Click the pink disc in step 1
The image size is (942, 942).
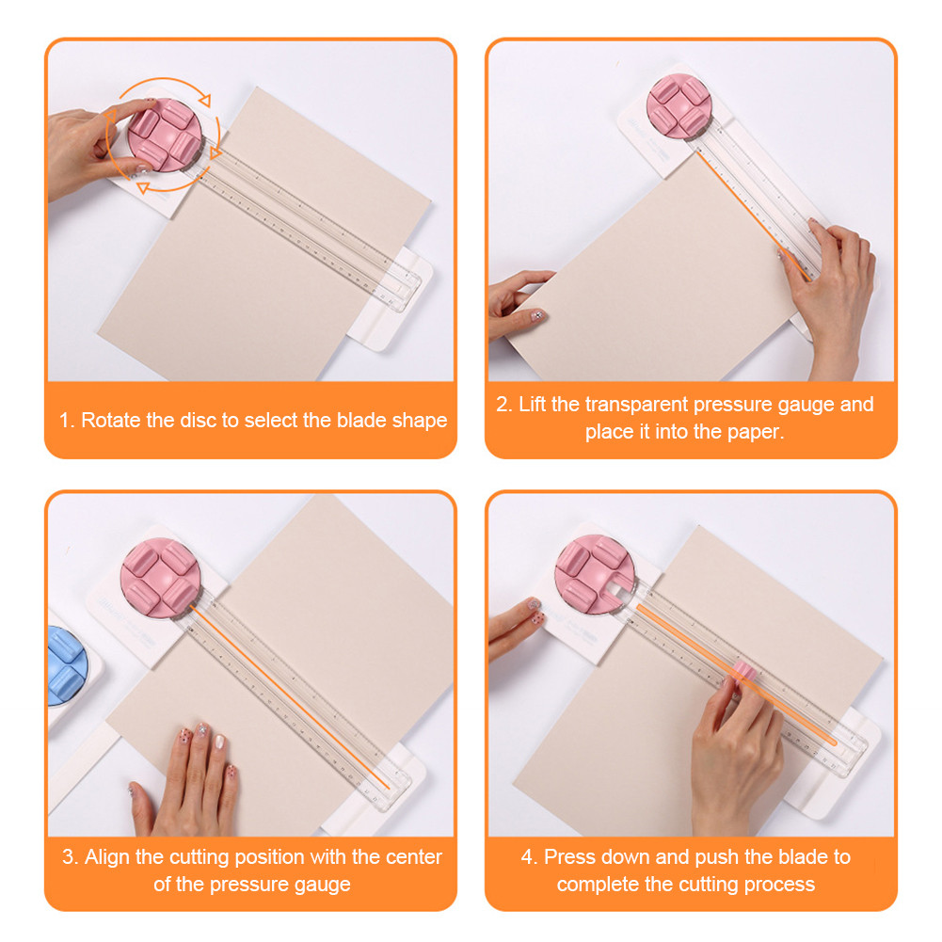tap(162, 138)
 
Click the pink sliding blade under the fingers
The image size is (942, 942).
tap(743, 672)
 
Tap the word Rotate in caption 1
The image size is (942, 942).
tap(111, 421)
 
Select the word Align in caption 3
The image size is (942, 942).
tap(105, 857)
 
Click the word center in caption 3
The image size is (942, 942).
tap(413, 857)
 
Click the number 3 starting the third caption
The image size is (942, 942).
tap(69, 857)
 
